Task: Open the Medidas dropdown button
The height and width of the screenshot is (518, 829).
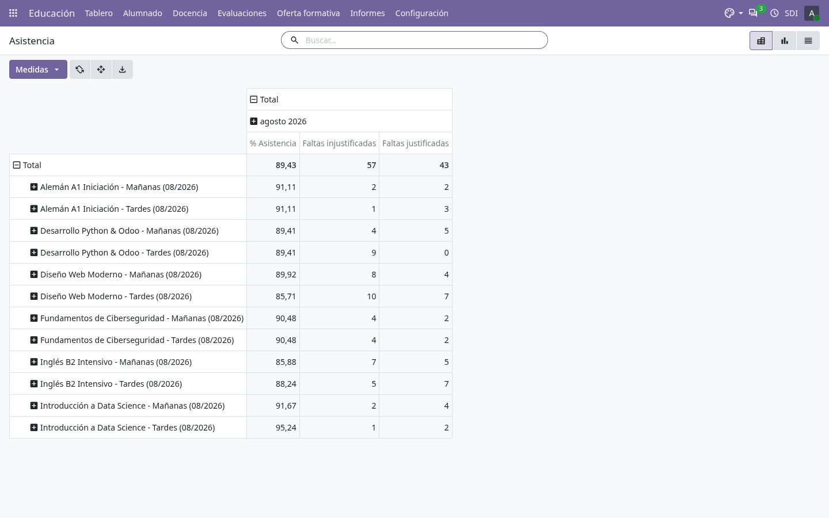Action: [38, 69]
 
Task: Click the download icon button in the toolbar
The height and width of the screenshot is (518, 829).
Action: [122, 69]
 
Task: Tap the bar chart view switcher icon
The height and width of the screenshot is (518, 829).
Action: [784, 41]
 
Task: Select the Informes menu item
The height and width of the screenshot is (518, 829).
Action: [367, 13]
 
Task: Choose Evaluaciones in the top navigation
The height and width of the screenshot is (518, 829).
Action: [242, 13]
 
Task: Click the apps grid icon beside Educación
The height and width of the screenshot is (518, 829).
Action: [13, 13]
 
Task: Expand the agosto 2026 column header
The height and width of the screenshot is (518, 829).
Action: [253, 121]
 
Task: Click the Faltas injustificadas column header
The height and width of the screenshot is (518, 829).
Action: [339, 143]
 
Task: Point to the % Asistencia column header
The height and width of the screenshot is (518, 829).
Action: [273, 143]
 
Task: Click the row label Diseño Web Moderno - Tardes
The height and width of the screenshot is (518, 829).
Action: [116, 296]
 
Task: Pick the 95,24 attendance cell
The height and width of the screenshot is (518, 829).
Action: [286, 428]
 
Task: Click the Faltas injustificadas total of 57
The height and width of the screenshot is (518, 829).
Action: [371, 165]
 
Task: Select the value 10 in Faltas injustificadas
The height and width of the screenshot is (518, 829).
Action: [371, 296]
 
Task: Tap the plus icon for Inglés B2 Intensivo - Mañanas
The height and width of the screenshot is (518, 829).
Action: [33, 362]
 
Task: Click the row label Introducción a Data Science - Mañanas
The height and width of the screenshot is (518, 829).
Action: [132, 406]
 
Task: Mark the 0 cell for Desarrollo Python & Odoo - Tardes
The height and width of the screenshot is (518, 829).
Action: [446, 253]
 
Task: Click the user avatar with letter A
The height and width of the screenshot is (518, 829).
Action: [811, 13]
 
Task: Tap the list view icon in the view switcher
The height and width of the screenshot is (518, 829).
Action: [808, 41]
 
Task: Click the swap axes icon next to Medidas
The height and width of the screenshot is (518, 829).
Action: [80, 69]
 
